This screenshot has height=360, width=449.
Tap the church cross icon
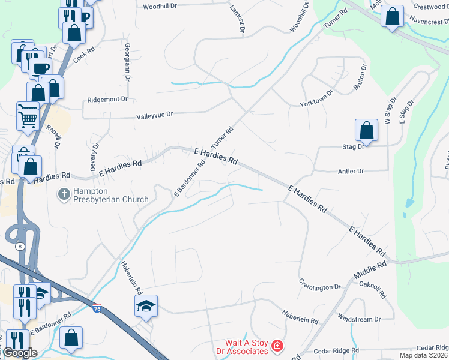[x=63, y=194]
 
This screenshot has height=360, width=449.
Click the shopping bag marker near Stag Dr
[x=366, y=130]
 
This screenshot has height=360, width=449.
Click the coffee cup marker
[x=40, y=68]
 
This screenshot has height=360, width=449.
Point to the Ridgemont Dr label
[x=108, y=99]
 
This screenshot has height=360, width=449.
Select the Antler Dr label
[x=352, y=171]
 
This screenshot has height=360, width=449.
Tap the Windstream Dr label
[x=360, y=319]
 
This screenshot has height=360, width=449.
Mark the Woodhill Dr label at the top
[x=160, y=6]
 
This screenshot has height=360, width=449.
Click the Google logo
[x=20, y=353]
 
